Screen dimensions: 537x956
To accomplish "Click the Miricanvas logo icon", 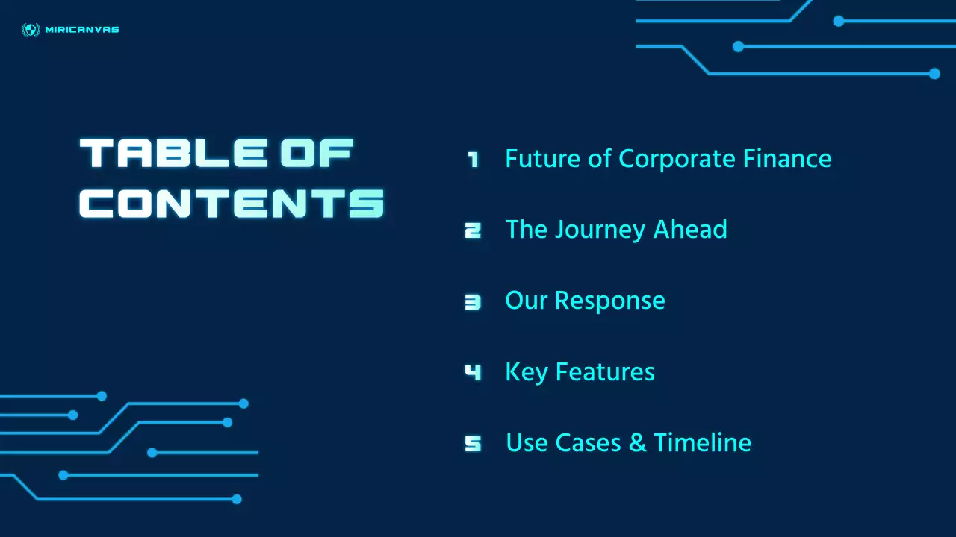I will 31,30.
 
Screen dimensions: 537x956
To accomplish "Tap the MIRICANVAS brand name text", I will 82,30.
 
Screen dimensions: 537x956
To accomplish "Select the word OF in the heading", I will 317,154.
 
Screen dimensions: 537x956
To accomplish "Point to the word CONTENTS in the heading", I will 232,203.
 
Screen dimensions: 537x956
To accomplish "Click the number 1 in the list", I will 473,159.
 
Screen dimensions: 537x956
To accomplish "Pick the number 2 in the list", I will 473,230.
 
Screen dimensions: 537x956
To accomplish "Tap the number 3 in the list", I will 473,301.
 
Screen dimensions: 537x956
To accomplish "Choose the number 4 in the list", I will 473,371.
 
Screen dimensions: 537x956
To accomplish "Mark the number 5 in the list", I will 473,443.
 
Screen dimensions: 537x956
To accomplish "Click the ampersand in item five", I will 637,443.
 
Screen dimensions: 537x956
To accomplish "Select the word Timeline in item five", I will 703,442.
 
